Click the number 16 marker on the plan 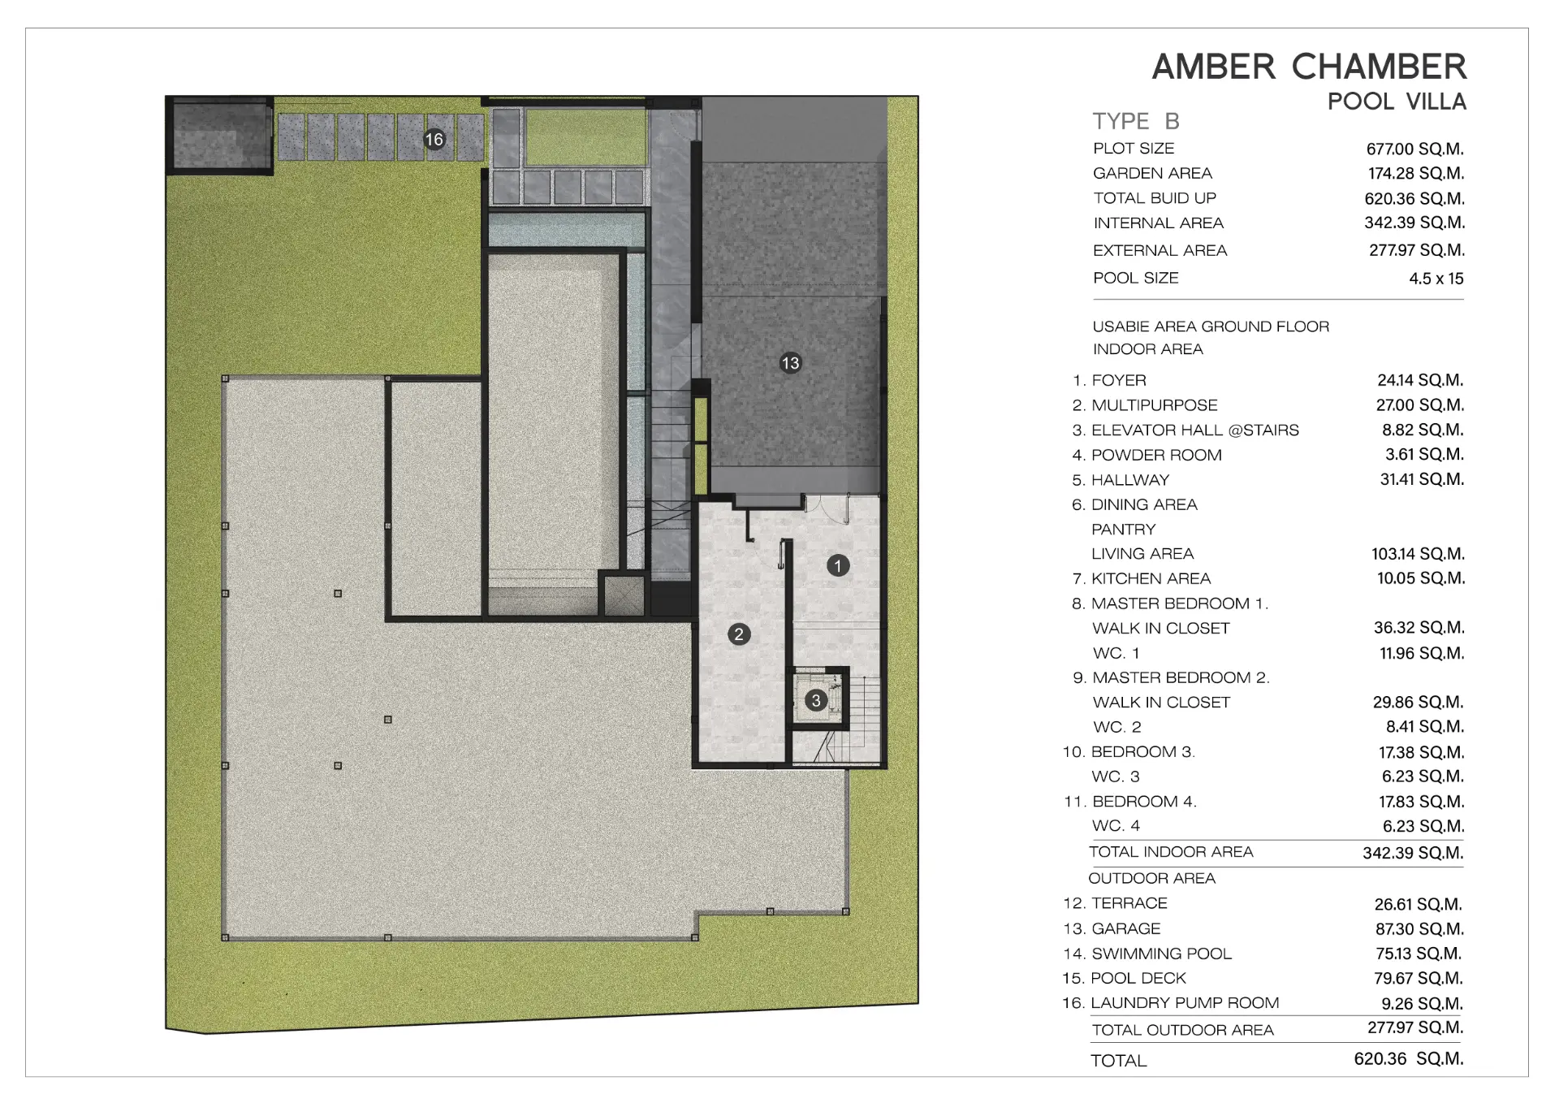click(434, 139)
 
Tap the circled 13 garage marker click(790, 363)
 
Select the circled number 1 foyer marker click(838, 565)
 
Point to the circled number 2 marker click(739, 634)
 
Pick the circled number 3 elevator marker click(816, 700)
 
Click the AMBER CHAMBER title click(1309, 67)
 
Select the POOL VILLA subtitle click(1397, 102)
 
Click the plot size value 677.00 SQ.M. click(1415, 149)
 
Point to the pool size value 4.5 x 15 click(1436, 279)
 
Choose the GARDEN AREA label click(1152, 173)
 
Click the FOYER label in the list click(1119, 380)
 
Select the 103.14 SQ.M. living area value click(1418, 554)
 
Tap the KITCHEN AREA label click(1151, 578)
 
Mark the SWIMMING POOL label click(1161, 954)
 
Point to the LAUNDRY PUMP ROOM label click(1185, 1003)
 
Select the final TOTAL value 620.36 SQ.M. click(1409, 1059)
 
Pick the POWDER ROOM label click(1156, 455)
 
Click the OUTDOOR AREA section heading click(1151, 878)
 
